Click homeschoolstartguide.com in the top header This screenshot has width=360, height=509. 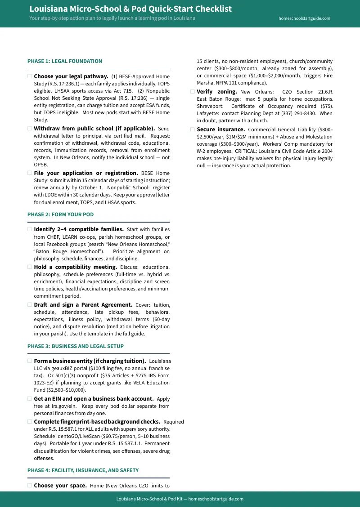click(304, 18)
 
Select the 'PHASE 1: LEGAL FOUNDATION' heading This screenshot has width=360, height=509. click(65, 61)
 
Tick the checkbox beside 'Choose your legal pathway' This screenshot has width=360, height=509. click(30, 76)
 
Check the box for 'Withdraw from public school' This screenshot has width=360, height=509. click(30, 128)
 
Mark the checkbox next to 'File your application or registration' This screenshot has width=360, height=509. click(30, 173)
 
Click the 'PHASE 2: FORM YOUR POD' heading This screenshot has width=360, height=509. click(60, 214)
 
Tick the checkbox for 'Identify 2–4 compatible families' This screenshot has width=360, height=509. click(30, 229)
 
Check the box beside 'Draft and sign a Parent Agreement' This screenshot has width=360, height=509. click(30, 304)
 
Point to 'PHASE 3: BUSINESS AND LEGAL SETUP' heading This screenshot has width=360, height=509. click(75, 346)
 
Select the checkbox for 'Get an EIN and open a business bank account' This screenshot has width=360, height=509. click(30, 398)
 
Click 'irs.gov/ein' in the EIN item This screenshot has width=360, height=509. click(56, 406)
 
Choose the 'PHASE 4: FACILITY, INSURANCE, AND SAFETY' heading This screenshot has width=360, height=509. click(83, 470)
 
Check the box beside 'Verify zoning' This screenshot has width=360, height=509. click(193, 91)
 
